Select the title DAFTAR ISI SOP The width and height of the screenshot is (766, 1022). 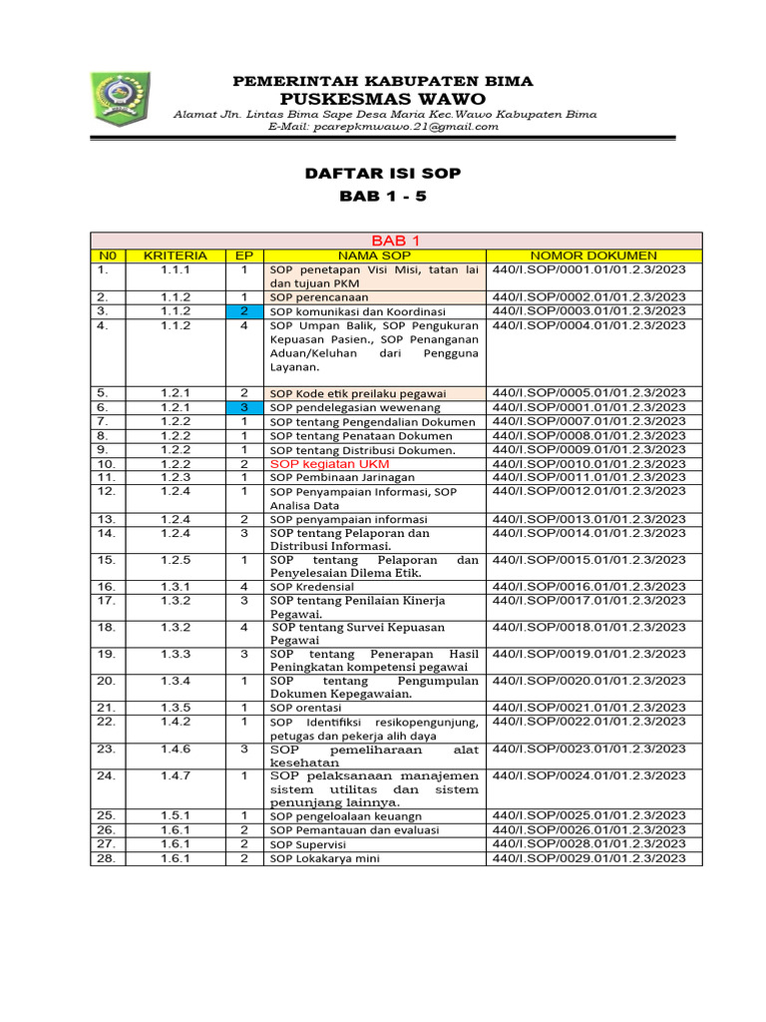click(x=383, y=173)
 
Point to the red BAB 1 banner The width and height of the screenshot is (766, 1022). click(x=396, y=241)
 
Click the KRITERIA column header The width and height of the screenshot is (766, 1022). click(x=176, y=255)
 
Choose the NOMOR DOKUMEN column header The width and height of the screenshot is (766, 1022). click(x=593, y=255)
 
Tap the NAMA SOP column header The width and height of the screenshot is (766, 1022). click(x=375, y=255)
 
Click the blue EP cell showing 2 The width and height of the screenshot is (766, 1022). click(x=243, y=311)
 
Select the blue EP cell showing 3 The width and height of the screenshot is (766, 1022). click(x=243, y=407)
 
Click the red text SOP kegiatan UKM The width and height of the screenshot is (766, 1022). click(x=329, y=464)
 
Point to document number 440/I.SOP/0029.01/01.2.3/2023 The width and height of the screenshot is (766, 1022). click(x=588, y=858)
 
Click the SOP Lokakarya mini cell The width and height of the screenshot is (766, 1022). click(x=325, y=858)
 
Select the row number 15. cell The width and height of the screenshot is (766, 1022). click(x=107, y=560)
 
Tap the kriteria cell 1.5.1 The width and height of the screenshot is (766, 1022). click(x=176, y=815)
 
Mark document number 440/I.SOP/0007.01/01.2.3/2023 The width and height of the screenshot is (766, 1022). click(x=588, y=421)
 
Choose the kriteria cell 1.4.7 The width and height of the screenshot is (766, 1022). click(x=176, y=775)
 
